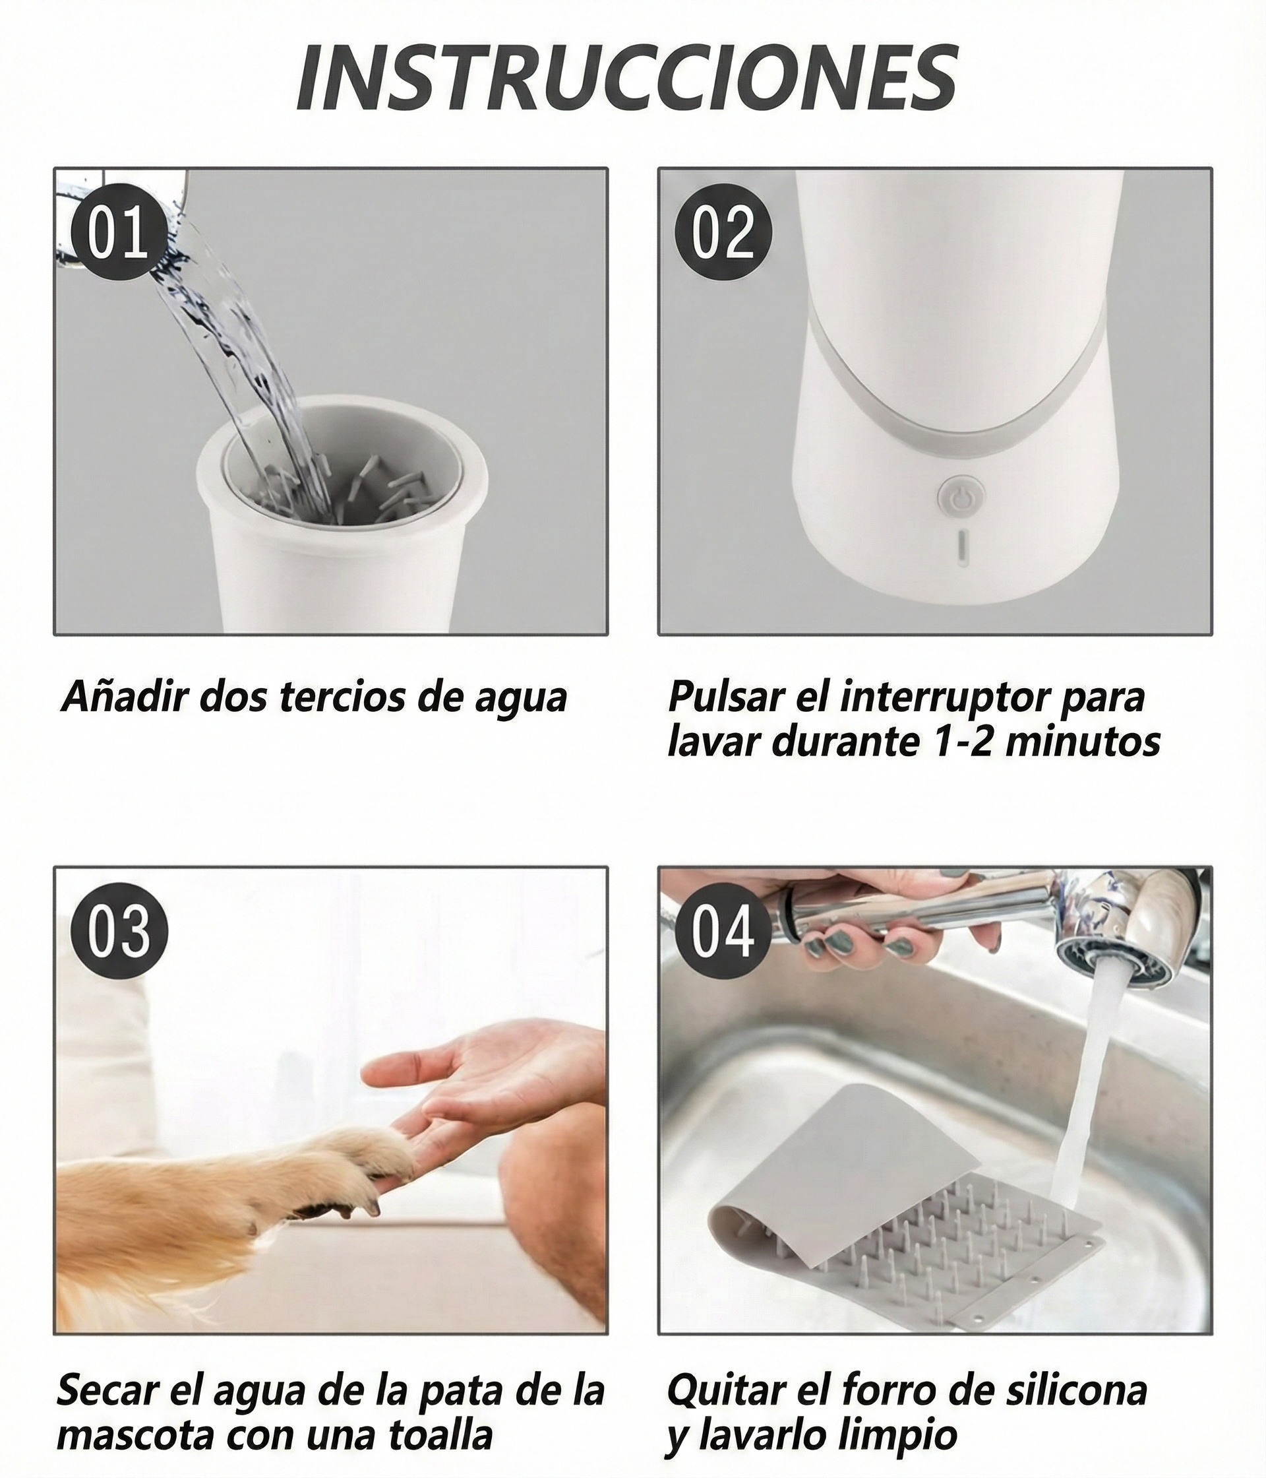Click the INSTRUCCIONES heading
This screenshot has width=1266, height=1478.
[627, 78]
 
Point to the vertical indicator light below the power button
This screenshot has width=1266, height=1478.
[961, 548]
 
